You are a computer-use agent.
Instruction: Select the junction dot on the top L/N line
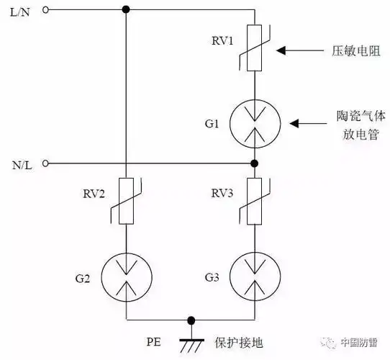coord(126,10)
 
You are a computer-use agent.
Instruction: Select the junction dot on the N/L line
coord(254,163)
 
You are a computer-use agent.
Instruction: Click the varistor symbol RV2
coord(126,204)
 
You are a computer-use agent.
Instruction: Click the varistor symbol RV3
coord(254,204)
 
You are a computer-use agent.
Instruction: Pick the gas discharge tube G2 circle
coord(126,277)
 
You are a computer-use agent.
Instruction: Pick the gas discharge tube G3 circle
coord(254,277)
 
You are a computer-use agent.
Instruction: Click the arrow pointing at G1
coord(306,124)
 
